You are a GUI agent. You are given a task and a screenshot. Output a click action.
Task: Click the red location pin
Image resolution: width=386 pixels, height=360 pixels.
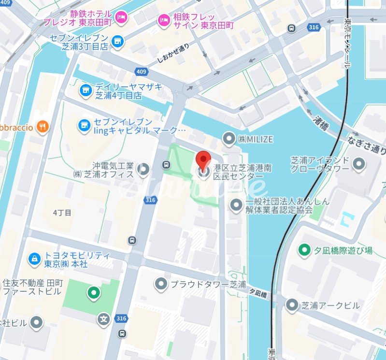pyautogui.click(x=204, y=158)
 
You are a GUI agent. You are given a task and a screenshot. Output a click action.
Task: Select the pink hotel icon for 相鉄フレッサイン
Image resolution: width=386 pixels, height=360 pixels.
pyautogui.click(x=163, y=20)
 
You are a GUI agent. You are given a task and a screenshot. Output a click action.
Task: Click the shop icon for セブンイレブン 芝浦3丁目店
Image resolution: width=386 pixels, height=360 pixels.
pyautogui.click(x=116, y=42)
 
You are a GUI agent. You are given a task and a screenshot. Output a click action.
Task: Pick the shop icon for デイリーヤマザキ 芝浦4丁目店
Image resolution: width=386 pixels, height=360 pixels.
pyautogui.click(x=85, y=90)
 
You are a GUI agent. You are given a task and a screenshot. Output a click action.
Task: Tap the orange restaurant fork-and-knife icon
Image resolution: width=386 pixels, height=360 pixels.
pyautogui.click(x=43, y=127)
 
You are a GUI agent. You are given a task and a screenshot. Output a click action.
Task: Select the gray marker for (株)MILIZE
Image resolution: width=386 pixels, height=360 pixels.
pyautogui.click(x=229, y=139)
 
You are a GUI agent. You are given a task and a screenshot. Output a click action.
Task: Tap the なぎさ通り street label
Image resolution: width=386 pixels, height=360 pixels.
pyautogui.click(x=366, y=144)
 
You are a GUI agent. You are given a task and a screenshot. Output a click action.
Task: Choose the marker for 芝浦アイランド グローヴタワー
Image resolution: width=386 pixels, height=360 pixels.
pyautogui.click(x=358, y=165)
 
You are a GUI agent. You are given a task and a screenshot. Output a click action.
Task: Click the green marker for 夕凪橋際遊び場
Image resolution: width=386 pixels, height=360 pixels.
pyautogui.click(x=303, y=250)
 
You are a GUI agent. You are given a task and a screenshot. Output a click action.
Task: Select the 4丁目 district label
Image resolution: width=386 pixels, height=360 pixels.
pyautogui.click(x=62, y=212)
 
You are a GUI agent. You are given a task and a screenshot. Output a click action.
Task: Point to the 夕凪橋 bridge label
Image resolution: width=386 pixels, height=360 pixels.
pyautogui.click(x=257, y=292)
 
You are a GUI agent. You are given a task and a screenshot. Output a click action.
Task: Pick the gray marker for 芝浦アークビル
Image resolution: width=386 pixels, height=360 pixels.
pyautogui.click(x=291, y=305)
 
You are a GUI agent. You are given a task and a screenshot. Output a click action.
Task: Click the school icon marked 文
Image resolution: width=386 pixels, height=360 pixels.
pyautogui.click(x=103, y=319)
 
